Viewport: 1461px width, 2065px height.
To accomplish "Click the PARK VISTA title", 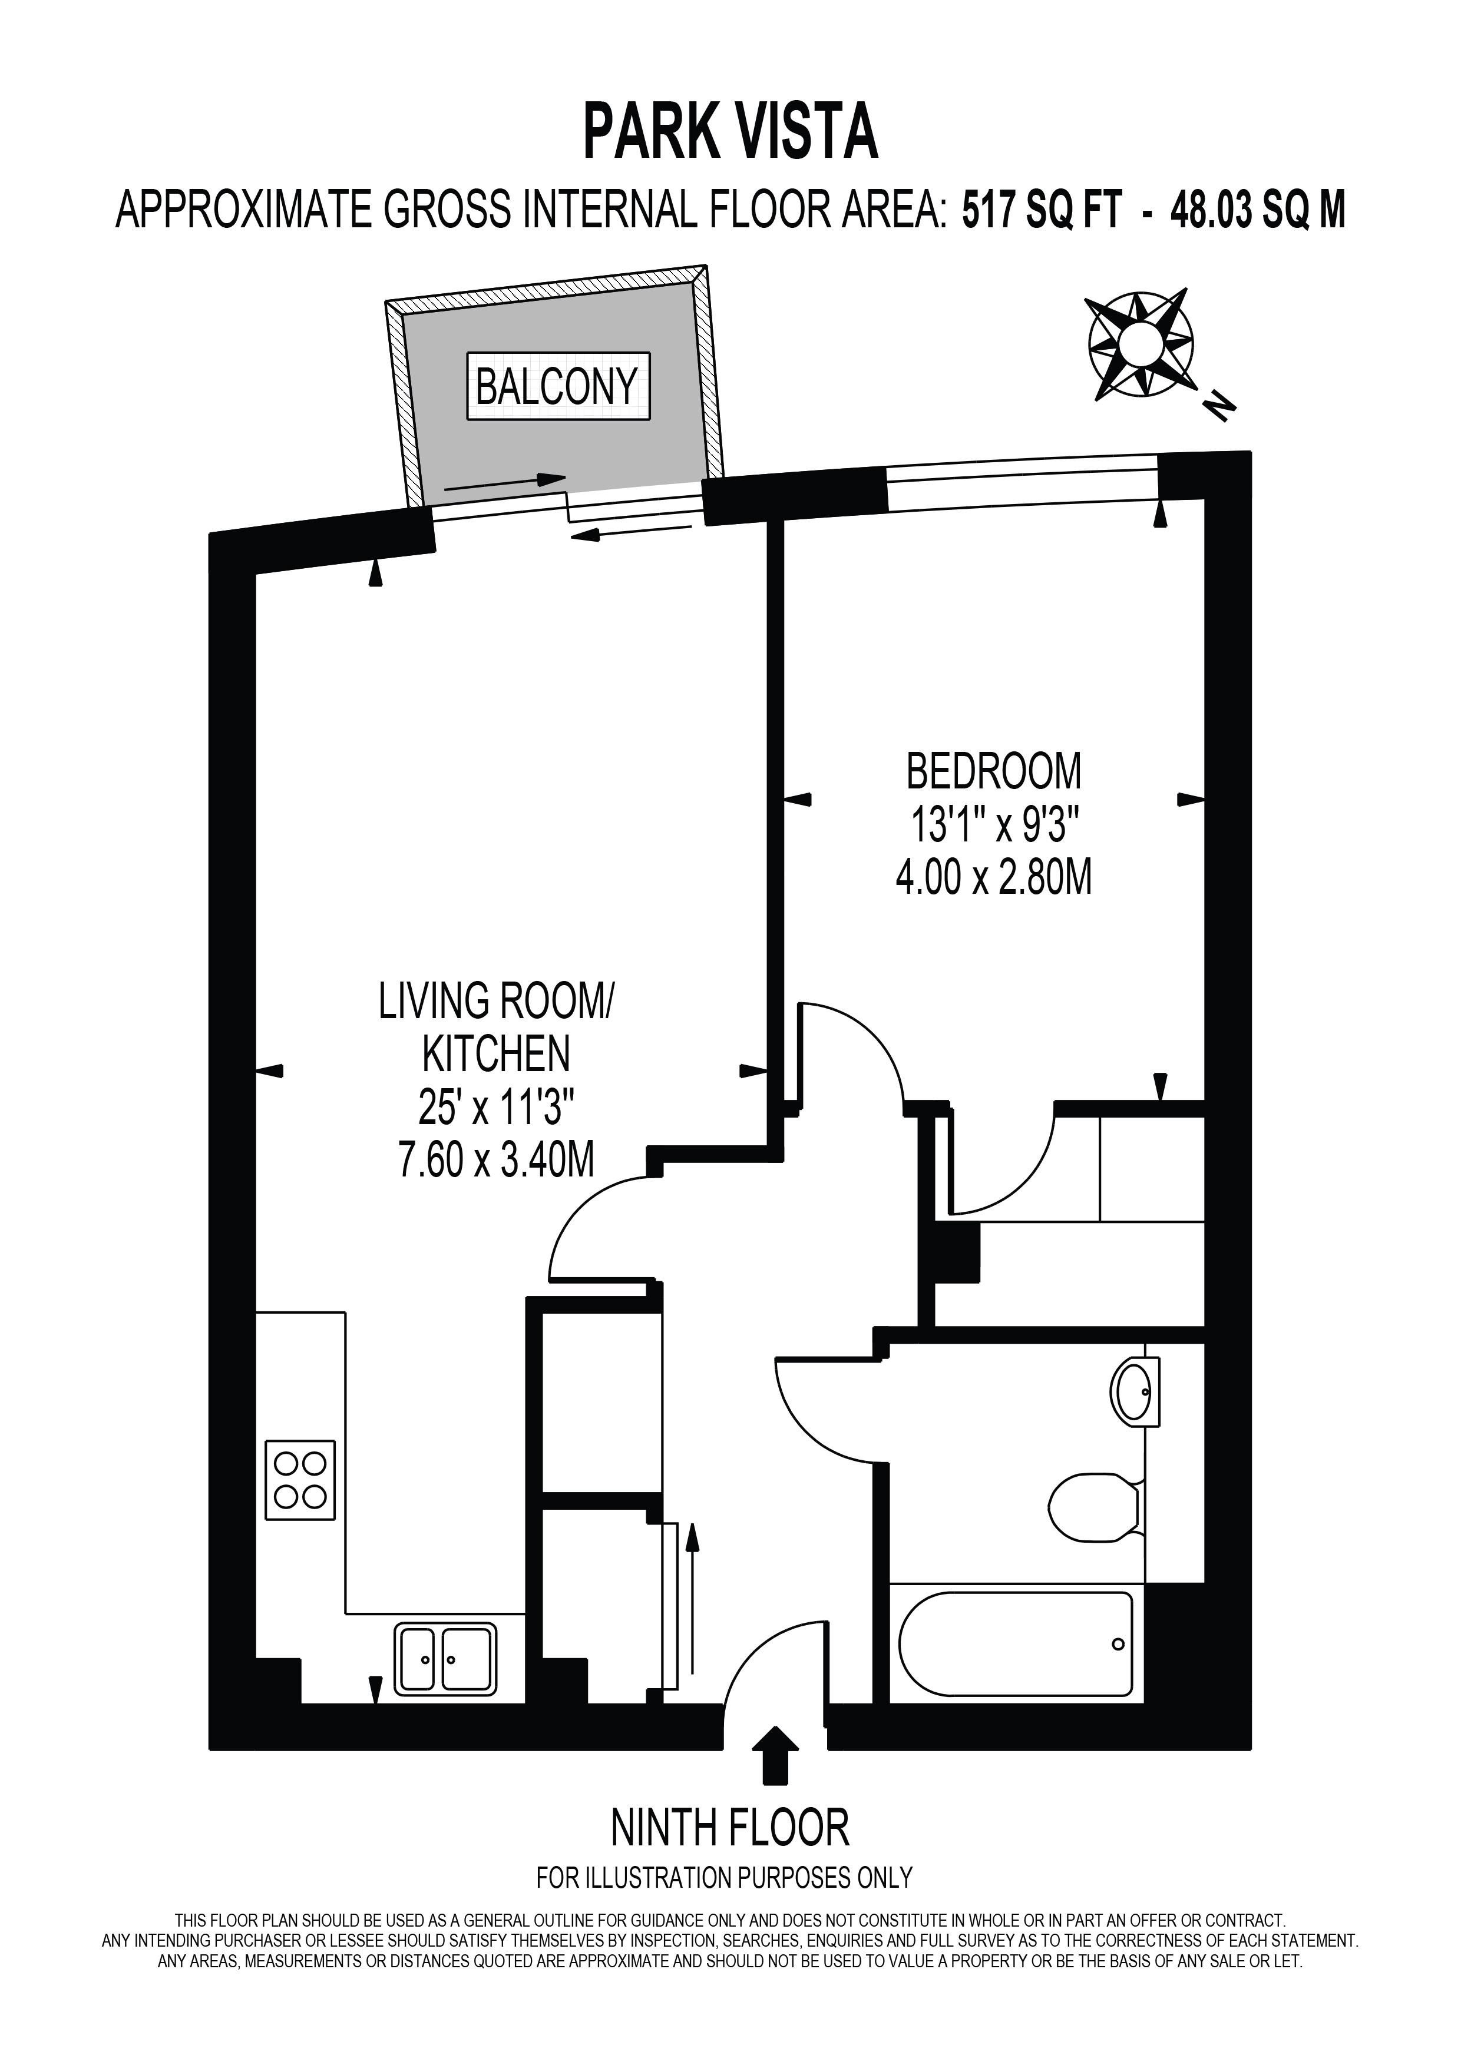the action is tap(730, 131).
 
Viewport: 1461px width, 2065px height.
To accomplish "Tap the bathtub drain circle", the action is tap(1118, 1645).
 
